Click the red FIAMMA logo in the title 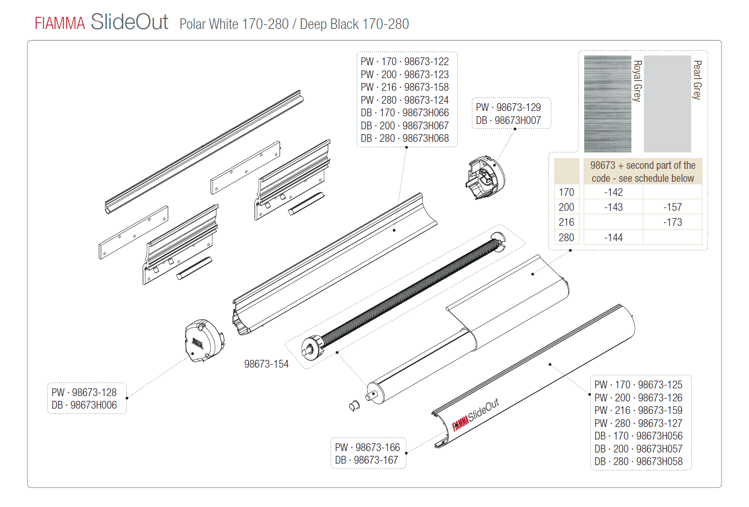click(60, 24)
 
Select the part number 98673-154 click(267, 364)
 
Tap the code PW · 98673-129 click(508, 107)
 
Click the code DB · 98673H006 click(84, 405)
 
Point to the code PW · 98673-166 click(367, 447)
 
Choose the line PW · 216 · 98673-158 click(404, 87)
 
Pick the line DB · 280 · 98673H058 click(638, 461)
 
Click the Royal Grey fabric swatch click(608, 104)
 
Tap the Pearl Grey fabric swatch click(668, 104)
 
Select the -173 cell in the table click(672, 222)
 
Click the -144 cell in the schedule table click(613, 237)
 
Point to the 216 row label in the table click(566, 222)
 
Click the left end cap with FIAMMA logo click(204, 341)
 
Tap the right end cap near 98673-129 click(485, 178)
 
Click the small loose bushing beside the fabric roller click(354, 405)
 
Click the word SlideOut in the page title click(129, 22)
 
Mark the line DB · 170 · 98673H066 click(404, 112)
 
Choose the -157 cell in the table click(672, 207)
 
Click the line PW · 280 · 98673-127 click(638, 423)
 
